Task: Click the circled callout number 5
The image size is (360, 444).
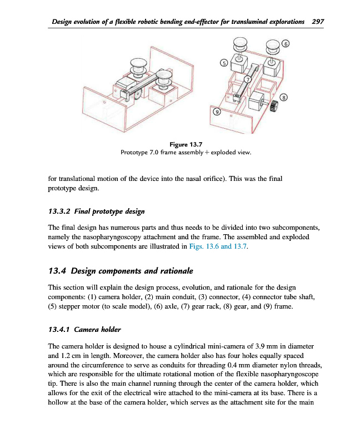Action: click(224, 63)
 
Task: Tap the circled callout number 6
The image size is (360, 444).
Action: click(286, 43)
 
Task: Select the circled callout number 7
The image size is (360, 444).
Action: click(248, 80)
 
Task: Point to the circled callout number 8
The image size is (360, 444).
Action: click(284, 98)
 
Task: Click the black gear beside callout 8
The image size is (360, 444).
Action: click(273, 105)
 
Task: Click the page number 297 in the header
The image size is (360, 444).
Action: click(318, 22)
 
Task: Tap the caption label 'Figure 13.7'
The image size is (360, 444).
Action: click(186, 144)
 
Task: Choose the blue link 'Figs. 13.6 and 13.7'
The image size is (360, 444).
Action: click(217, 248)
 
